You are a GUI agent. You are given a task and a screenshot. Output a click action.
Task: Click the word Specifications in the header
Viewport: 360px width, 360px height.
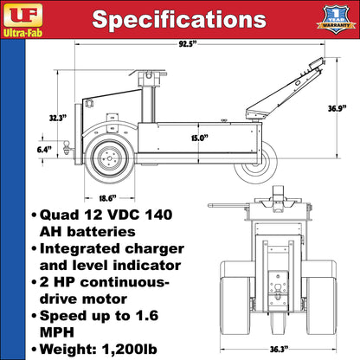(179, 20)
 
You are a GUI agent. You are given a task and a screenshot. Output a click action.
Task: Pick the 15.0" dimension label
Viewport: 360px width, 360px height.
(199, 136)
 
